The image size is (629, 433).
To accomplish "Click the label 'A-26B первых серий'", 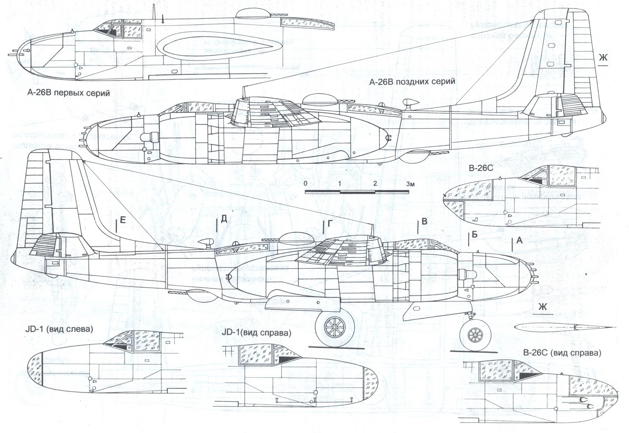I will [68, 93].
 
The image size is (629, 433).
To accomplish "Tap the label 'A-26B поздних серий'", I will [412, 81].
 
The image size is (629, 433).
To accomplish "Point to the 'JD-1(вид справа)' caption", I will [256, 333].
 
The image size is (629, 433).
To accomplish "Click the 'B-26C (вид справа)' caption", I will [562, 353].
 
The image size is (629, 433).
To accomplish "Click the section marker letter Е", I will [123, 220].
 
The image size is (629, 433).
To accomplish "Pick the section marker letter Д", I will [224, 219].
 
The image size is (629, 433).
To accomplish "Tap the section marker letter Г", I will [330, 223].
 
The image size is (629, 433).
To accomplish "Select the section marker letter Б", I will [474, 235].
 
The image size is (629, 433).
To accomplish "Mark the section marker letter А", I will [519, 240].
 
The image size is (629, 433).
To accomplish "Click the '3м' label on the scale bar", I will [410, 184].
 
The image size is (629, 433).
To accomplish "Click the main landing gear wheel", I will [335, 327].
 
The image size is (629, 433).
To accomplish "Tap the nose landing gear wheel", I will [475, 335].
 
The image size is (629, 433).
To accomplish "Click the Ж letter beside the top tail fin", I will [603, 58].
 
